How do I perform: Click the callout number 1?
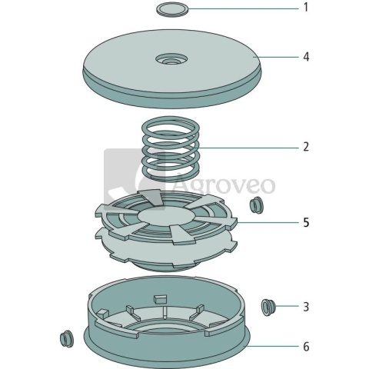pos(306,8)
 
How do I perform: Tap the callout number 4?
pos(306,57)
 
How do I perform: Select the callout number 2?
pos(306,147)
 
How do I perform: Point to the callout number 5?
pos(306,222)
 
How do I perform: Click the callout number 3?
pos(306,307)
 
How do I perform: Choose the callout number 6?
pos(306,347)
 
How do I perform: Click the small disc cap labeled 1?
pos(172,10)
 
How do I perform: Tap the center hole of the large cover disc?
pos(171,60)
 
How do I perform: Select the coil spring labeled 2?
pos(171,149)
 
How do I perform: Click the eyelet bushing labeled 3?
pos(268,307)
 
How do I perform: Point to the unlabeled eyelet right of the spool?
pos(257,204)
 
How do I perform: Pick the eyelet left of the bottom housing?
pos(67,339)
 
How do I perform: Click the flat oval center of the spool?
pos(167,216)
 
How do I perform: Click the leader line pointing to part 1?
pos(243,8)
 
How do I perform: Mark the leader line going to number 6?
pos(273,346)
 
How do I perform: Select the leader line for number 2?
pos(248,148)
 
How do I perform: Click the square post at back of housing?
pos(161,298)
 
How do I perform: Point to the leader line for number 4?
pos(276,57)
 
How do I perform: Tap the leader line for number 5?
pos(268,222)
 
